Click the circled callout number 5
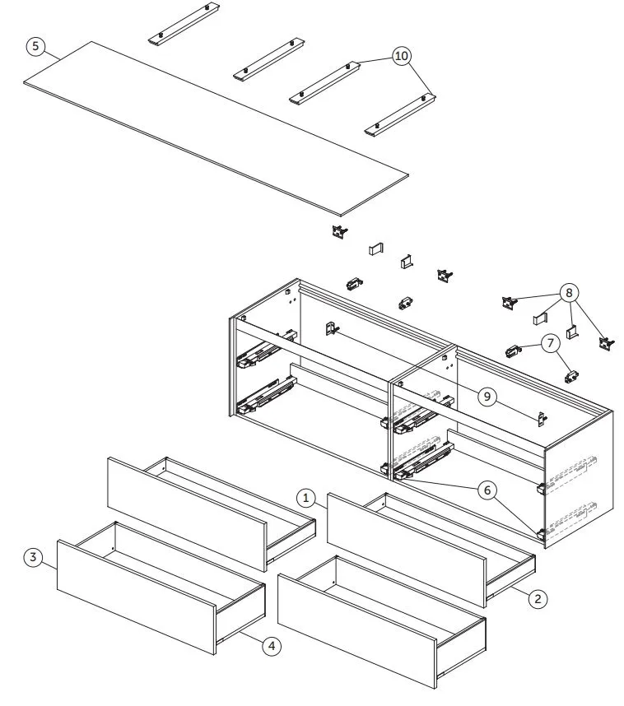[35, 46]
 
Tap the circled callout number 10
[402, 56]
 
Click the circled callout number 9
[487, 397]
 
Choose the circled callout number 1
[305, 498]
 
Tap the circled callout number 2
[537, 599]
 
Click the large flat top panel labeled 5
[214, 123]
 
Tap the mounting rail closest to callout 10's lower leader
[400, 114]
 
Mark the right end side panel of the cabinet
[579, 477]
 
